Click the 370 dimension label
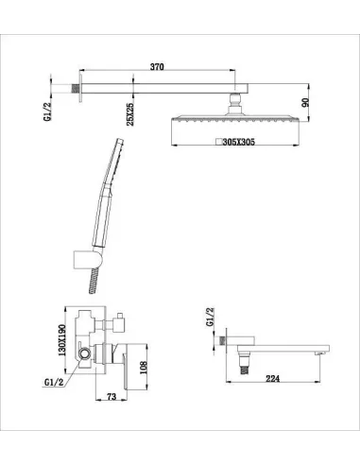[157, 67]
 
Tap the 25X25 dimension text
[130, 114]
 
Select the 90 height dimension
[305, 103]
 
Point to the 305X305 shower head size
[239, 142]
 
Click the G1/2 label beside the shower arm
[47, 110]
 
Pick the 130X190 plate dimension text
[62, 340]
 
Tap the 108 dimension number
[144, 368]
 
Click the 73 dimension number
[111, 396]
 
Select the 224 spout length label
[273, 378]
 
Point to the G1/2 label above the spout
[210, 317]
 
